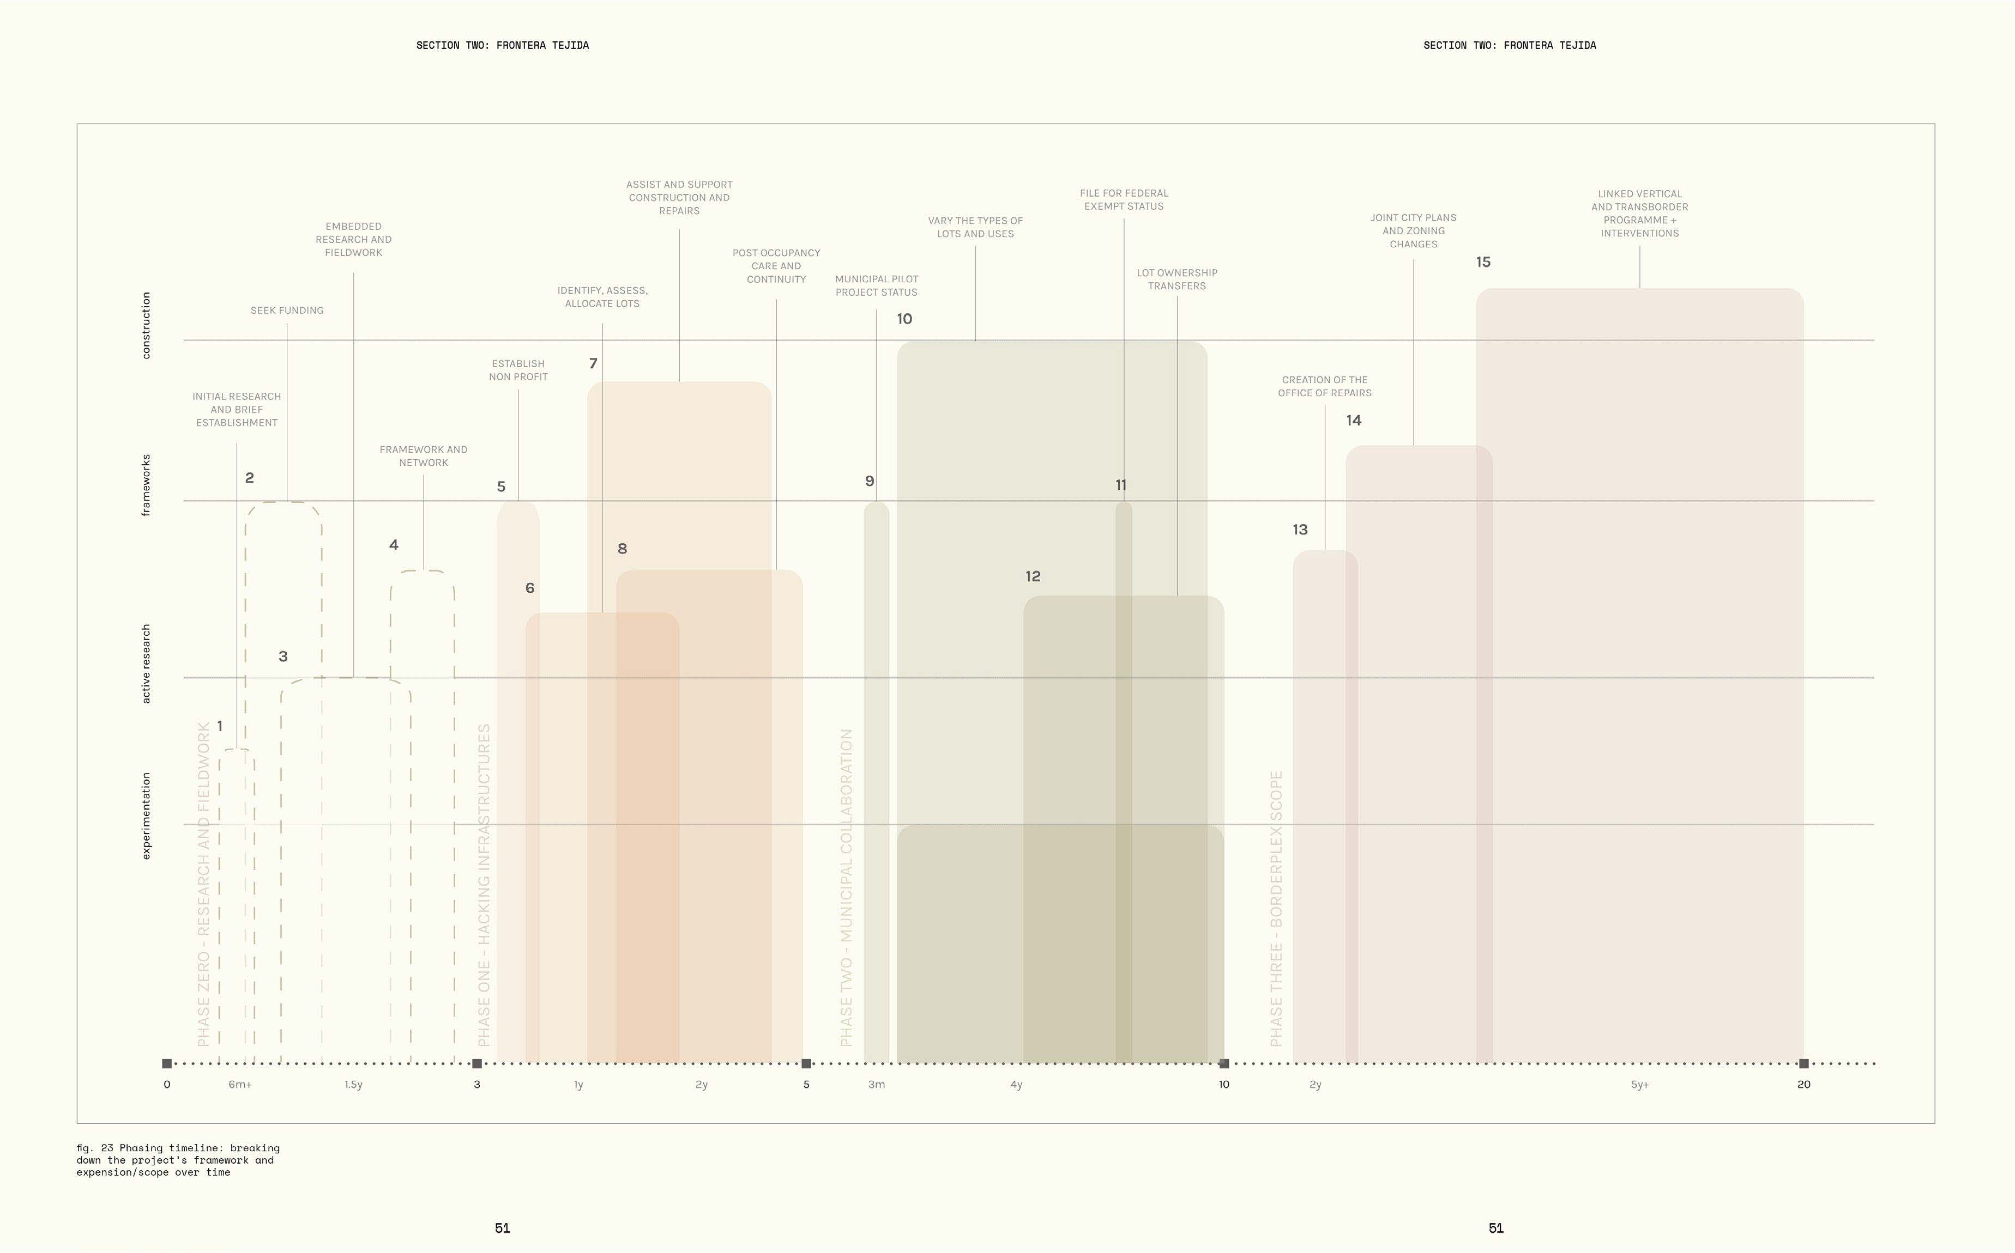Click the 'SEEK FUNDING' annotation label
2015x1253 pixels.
287,311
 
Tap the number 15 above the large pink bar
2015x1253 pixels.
1483,262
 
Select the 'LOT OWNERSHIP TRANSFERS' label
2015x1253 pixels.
1177,279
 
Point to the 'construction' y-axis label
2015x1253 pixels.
147,325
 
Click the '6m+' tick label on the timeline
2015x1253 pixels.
240,1085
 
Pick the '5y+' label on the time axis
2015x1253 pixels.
1639,1085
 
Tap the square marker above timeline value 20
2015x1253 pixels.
1803,1063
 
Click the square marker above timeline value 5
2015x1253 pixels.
806,1063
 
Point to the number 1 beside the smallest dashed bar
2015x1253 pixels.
220,726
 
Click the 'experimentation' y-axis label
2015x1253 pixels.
147,816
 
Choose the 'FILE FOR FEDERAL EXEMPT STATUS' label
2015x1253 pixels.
1124,200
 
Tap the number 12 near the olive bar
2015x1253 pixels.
1033,576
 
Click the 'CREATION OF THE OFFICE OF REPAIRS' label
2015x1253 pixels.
1324,386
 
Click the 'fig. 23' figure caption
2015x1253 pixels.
178,1159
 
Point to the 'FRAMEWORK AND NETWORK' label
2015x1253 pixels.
423,456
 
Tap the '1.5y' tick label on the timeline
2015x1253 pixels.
353,1085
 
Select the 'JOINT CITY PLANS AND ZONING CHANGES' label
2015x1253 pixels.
1413,231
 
